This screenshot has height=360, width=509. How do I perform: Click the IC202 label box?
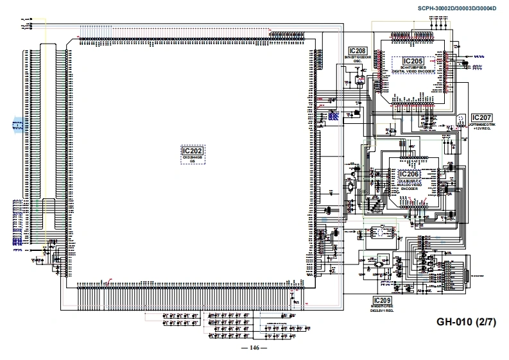pos(192,150)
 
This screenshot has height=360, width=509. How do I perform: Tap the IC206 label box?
pos(409,174)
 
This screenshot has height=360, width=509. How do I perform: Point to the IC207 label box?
pos(481,118)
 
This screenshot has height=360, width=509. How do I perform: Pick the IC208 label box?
pos(358,51)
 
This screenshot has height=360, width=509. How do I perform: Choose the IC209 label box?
pos(382,300)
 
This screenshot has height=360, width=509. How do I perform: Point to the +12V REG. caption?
pos(481,129)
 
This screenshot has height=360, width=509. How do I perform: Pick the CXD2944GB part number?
pos(192,157)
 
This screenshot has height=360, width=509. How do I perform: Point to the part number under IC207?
pos(481,125)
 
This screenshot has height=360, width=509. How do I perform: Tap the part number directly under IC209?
pos(382,307)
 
